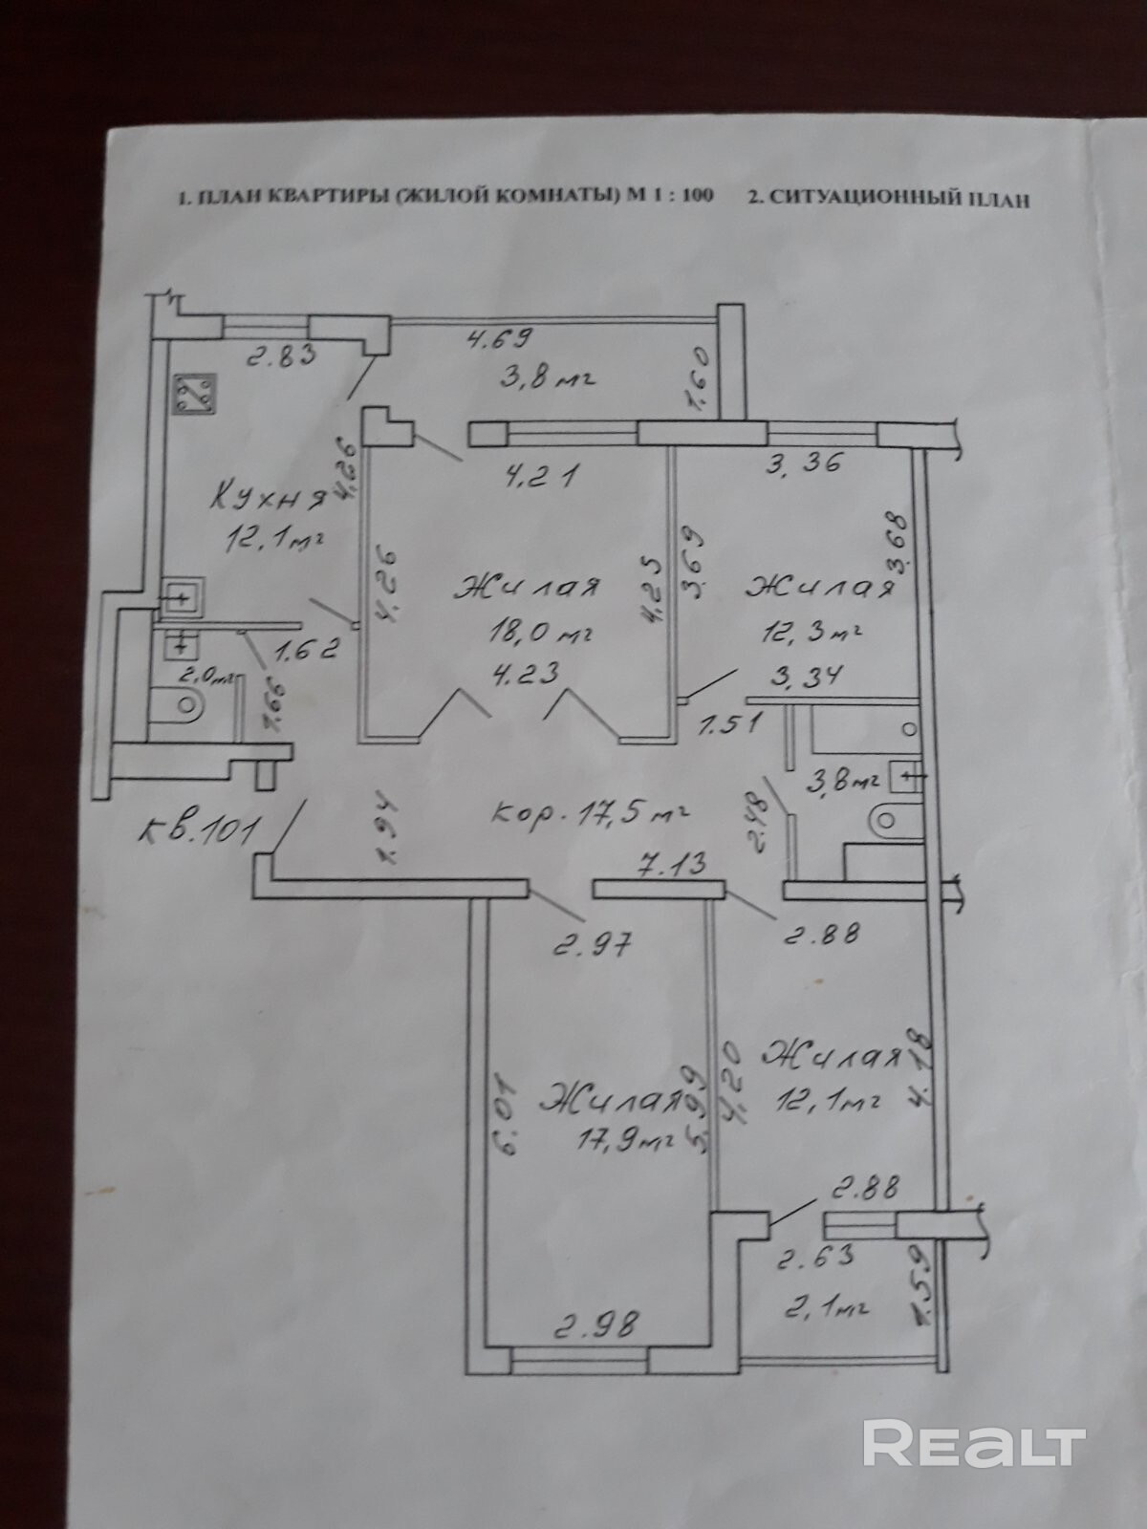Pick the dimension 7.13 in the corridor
point(673,866)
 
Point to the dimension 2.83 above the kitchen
point(282,358)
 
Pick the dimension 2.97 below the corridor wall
point(594,946)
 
